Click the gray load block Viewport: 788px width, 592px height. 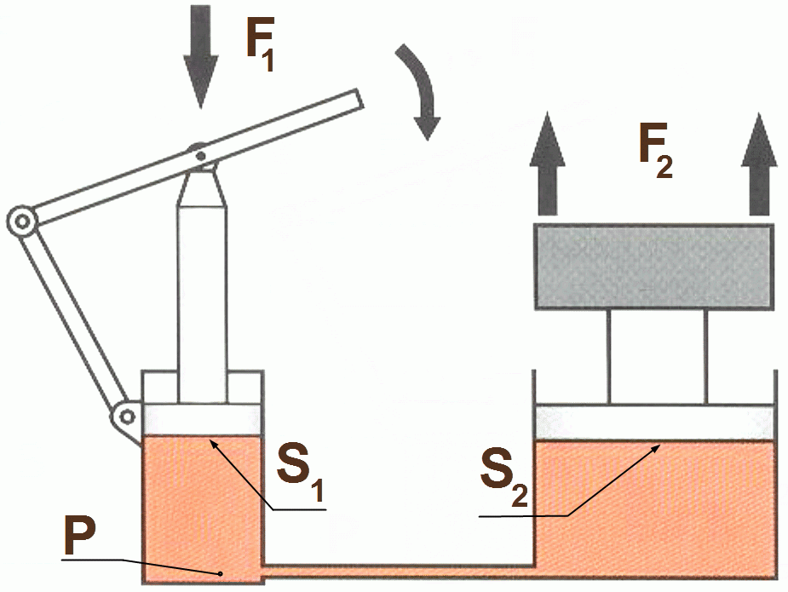point(653,267)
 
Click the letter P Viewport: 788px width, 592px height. point(84,537)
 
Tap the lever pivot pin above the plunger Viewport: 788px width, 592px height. point(198,155)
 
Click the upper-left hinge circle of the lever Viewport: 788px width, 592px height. point(20,223)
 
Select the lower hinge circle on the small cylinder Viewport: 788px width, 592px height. point(126,417)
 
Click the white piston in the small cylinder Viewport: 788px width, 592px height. point(203,419)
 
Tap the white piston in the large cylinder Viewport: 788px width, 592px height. point(653,422)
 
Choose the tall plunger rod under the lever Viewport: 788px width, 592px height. point(202,298)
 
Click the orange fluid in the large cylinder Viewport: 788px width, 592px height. point(653,503)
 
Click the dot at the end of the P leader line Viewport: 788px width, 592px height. point(220,573)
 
